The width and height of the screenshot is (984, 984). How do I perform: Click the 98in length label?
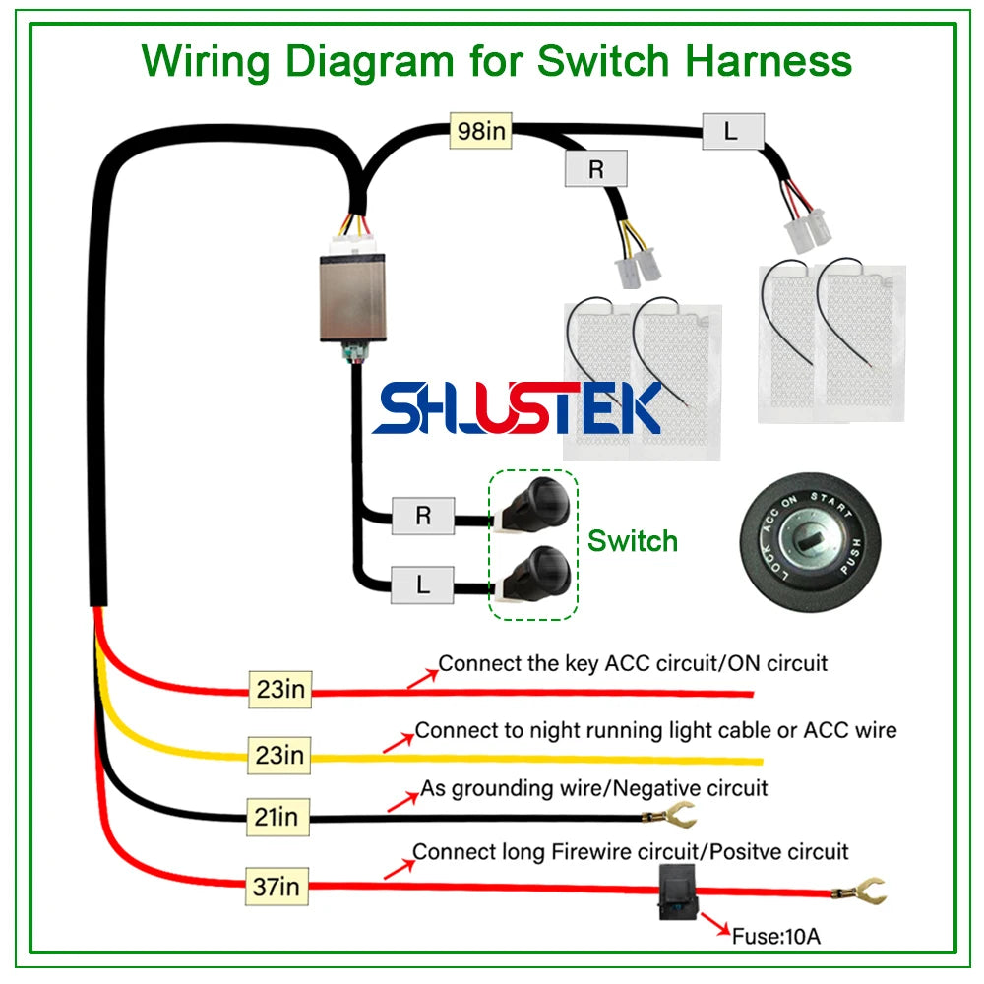tap(480, 131)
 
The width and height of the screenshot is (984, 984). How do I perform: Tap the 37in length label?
tap(276, 887)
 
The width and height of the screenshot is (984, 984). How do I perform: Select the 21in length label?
tap(276, 816)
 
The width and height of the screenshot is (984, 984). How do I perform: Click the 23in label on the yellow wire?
tap(280, 754)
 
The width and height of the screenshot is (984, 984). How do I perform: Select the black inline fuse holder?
tap(678, 893)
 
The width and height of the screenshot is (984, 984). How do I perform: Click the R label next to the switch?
tap(423, 516)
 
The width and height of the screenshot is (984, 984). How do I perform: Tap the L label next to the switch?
tap(423, 585)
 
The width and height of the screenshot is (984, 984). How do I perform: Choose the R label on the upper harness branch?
tap(595, 168)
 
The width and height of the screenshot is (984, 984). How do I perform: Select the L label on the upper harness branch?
tap(732, 131)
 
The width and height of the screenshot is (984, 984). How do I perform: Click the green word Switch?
tap(633, 540)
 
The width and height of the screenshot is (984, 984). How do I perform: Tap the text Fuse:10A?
tap(775, 935)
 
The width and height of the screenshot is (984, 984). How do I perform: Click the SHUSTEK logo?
tap(517, 408)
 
